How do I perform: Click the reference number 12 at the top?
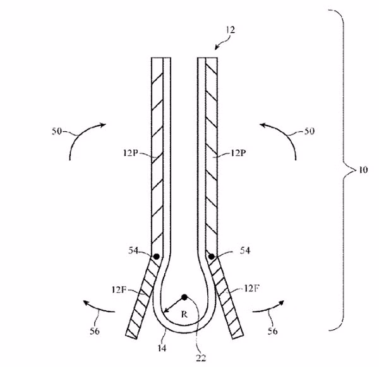231,30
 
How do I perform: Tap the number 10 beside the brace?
362,170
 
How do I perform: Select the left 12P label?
130,153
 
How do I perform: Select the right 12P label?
238,153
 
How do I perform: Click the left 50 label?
57,131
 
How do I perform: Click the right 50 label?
310,131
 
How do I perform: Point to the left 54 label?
133,251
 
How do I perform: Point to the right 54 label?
245,251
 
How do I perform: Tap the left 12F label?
119,289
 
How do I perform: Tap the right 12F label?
251,288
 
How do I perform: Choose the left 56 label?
95,331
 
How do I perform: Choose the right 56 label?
272,331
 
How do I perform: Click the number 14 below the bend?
162,348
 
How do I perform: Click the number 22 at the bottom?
201,358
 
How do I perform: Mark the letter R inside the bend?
184,315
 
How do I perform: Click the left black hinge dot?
157,257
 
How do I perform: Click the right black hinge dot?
211,257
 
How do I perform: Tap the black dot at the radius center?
184,297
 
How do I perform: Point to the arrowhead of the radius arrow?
164,312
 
